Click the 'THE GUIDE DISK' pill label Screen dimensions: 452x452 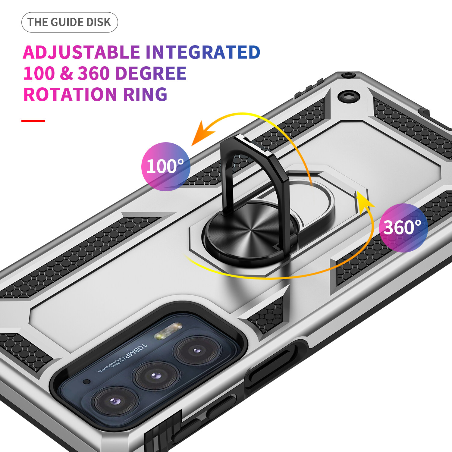click(69, 22)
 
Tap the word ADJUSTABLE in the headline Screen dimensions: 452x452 click(81, 52)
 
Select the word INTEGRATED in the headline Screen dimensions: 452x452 click(203, 52)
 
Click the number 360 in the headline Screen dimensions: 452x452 click(94, 73)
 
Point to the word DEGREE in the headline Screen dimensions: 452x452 click(151, 73)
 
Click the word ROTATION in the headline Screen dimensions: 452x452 click(70, 94)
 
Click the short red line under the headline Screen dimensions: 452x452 click(33, 121)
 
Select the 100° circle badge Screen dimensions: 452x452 click(165, 166)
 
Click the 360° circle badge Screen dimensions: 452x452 click(403, 228)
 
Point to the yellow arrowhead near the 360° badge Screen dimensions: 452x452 click(364, 199)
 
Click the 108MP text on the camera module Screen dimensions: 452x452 click(135, 351)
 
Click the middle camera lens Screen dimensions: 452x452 click(155, 375)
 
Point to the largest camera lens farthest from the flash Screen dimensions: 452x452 click(115, 401)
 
